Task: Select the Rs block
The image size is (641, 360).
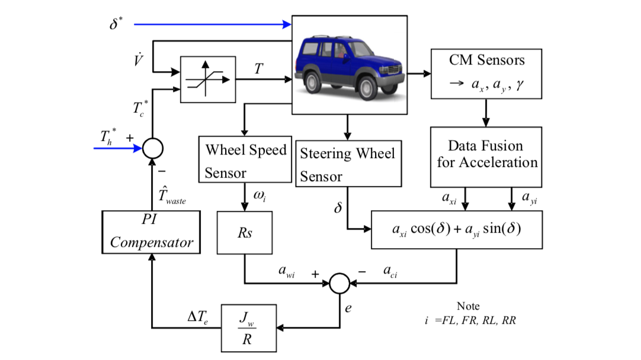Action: pyautogui.click(x=245, y=232)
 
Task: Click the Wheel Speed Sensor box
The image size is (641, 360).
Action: pyautogui.click(x=245, y=160)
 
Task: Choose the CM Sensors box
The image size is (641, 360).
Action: pyautogui.click(x=486, y=73)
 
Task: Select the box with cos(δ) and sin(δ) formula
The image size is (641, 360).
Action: pyautogui.click(x=456, y=229)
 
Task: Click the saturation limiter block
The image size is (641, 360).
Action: pyautogui.click(x=207, y=79)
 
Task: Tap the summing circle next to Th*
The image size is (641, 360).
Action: pyautogui.click(x=152, y=148)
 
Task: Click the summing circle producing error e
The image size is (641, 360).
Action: pyautogui.click(x=339, y=282)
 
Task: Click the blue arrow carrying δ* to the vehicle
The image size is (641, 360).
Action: pyautogui.click(x=213, y=25)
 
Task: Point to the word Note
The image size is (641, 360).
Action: pyautogui.click(x=468, y=306)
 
